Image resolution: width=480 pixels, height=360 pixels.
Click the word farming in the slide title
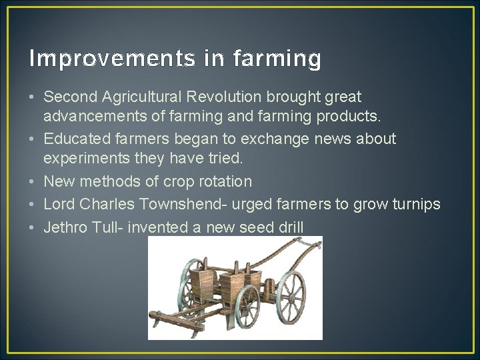coord(277,60)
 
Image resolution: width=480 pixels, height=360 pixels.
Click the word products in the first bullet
coord(351,117)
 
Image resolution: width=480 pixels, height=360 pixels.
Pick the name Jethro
coord(66,227)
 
